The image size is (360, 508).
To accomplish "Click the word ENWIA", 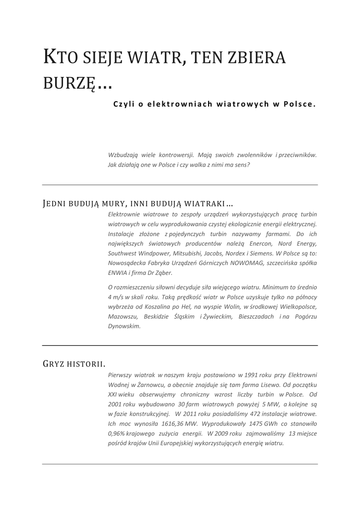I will [117, 273].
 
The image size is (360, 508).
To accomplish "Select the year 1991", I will [250, 375].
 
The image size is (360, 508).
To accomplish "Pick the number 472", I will [243, 414].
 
